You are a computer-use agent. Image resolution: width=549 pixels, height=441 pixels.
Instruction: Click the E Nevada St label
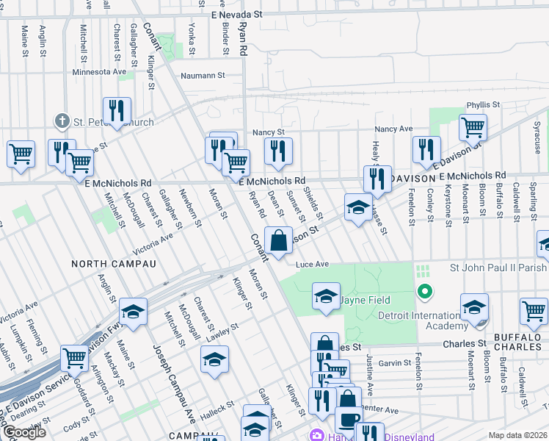(236, 15)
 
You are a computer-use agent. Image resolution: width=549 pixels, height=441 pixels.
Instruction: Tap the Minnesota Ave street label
(99, 72)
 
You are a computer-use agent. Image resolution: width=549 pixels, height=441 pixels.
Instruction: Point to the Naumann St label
(203, 75)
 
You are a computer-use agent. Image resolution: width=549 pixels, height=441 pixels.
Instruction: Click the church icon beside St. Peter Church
(62, 121)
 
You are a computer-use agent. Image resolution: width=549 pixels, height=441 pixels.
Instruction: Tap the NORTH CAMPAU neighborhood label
(114, 263)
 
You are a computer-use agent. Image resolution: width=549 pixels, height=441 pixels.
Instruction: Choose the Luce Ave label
(313, 264)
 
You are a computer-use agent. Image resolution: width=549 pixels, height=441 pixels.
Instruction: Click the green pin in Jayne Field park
(423, 293)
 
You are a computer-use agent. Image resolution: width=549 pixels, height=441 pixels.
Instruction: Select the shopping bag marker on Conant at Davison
(279, 240)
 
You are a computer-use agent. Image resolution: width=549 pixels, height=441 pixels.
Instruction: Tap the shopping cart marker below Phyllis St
(473, 127)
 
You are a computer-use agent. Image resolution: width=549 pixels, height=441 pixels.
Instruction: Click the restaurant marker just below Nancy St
(278, 151)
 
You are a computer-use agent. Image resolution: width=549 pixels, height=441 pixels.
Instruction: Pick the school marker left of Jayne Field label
(326, 296)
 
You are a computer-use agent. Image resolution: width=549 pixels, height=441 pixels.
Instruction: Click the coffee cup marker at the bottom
(349, 420)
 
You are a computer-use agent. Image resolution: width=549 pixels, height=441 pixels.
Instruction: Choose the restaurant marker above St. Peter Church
(117, 110)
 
